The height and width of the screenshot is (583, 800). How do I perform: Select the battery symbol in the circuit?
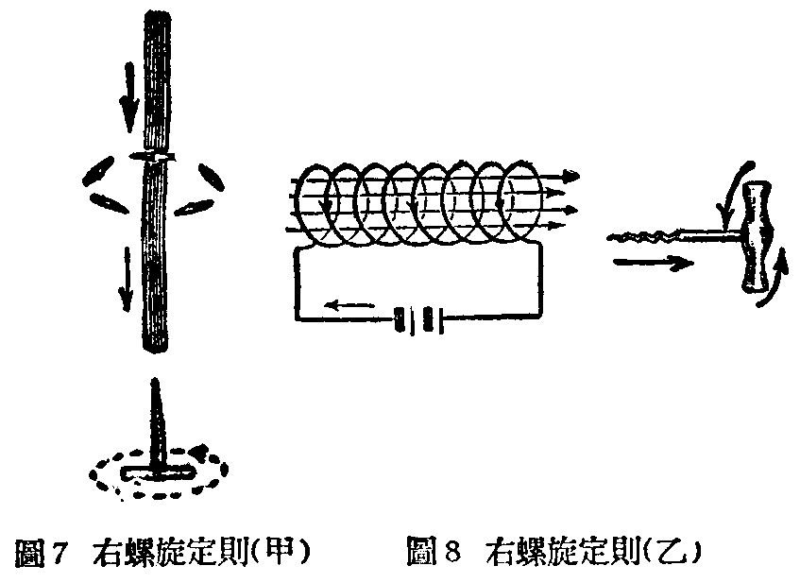tap(418, 320)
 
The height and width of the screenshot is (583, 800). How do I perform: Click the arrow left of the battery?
tap(350, 306)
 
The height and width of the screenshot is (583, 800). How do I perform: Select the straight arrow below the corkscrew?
tap(654, 263)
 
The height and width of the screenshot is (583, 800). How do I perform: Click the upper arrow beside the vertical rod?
tap(129, 97)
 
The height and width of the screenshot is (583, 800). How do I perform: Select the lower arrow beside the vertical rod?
tap(126, 280)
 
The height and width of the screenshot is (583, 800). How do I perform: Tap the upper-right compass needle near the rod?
tap(211, 177)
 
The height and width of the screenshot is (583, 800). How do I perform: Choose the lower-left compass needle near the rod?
tap(109, 203)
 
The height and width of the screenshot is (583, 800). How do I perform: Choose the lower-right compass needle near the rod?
tap(194, 206)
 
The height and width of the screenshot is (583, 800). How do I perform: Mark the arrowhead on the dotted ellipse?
tap(199, 451)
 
